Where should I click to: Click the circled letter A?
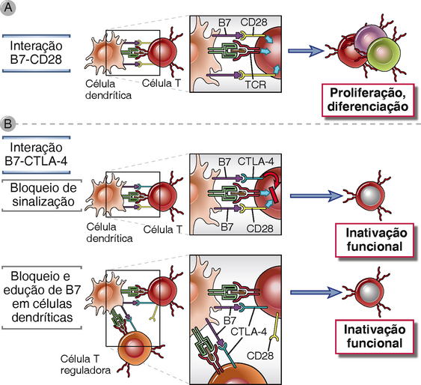point(8,7)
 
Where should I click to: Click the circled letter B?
point(7,124)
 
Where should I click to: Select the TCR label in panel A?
point(255,85)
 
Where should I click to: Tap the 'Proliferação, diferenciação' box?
point(368,100)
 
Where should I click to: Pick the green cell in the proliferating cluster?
point(384,55)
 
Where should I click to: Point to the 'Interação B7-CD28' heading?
point(36,52)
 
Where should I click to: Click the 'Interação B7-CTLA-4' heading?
point(36,154)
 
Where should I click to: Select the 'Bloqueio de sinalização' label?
point(43,195)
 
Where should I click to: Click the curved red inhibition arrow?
point(272,177)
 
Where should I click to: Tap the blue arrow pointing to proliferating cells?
point(306,51)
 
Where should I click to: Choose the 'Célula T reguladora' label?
point(85,365)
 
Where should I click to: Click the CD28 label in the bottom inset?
point(260,356)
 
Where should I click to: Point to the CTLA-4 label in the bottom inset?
point(248,332)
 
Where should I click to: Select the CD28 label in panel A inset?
point(253,22)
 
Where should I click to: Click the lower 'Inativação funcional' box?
point(375,336)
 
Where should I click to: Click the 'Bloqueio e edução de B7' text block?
point(42,297)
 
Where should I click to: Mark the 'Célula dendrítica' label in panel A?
point(108,90)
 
